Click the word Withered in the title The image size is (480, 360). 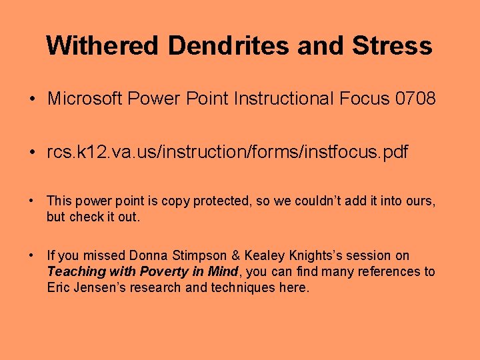(x=103, y=46)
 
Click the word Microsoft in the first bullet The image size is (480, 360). (x=85, y=99)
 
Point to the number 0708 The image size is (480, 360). (x=415, y=99)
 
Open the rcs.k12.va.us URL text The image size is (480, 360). (x=227, y=153)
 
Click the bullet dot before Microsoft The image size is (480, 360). (x=33, y=100)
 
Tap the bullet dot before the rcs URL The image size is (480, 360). (x=33, y=153)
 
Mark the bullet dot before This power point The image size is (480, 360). (x=33, y=199)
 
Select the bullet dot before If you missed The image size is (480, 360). (x=33, y=255)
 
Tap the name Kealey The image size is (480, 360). (x=265, y=255)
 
